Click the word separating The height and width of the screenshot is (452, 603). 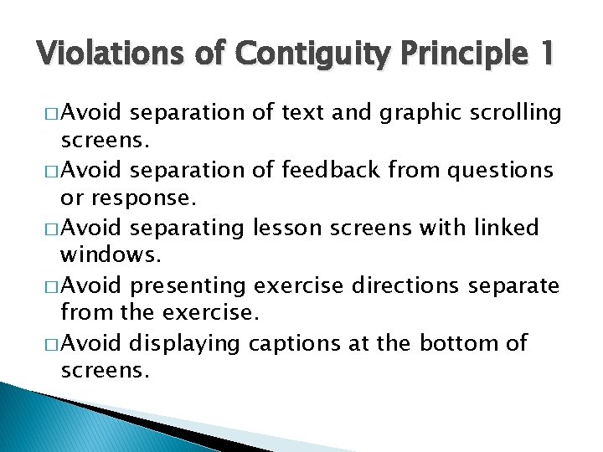(x=184, y=229)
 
